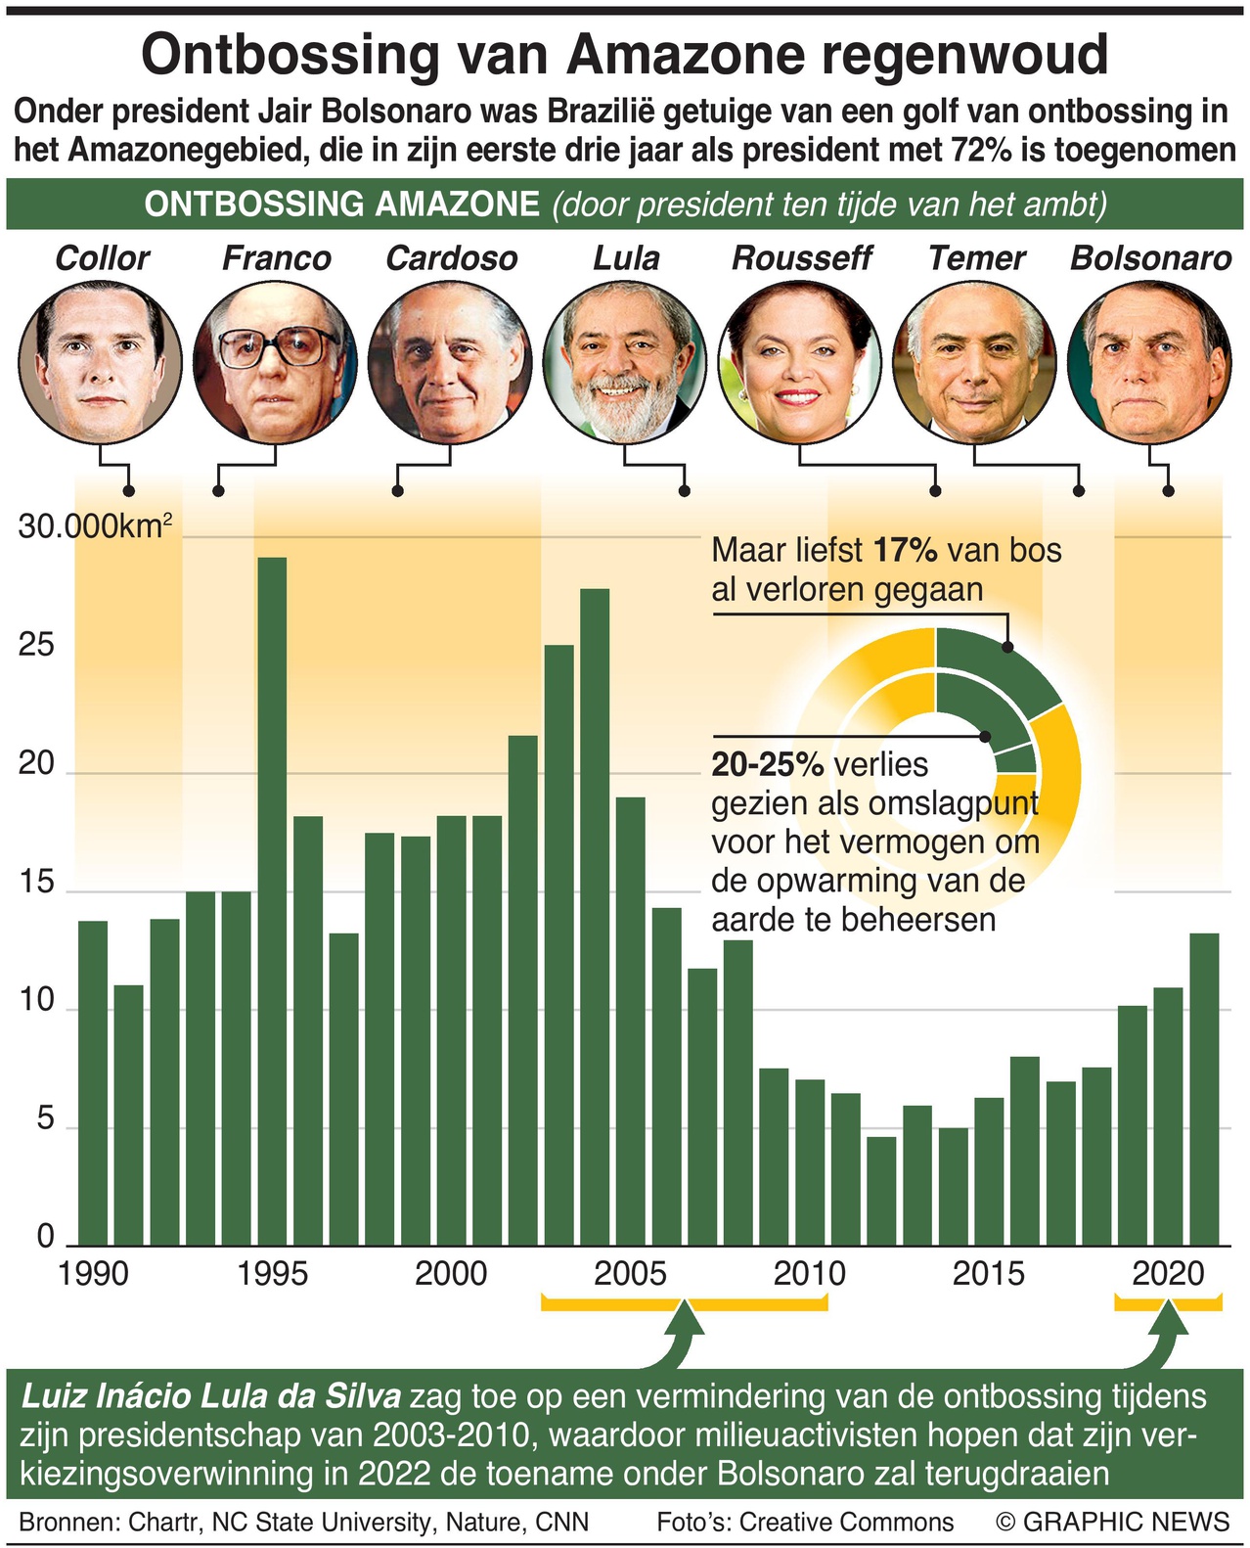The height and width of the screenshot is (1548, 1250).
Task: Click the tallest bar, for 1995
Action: [x=272, y=900]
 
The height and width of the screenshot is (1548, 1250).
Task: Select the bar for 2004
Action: [x=594, y=916]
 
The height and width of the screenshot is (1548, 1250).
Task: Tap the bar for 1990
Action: [x=93, y=1082]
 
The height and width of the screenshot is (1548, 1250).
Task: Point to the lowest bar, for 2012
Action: [x=881, y=1190]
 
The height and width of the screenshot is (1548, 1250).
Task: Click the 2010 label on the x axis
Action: [x=809, y=1273]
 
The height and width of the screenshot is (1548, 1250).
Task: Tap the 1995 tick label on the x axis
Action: [x=272, y=1273]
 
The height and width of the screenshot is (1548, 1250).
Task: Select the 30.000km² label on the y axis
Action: [x=95, y=527]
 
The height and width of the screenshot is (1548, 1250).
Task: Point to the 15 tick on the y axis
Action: [x=37, y=883]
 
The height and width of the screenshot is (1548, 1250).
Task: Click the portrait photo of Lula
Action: [x=624, y=361]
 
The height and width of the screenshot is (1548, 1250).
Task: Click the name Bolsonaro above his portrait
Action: [x=1150, y=258]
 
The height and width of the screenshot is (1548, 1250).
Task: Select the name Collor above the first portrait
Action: [x=102, y=258]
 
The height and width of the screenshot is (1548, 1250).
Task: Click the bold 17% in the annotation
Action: [x=906, y=550]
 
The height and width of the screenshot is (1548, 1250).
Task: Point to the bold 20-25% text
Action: [x=767, y=764]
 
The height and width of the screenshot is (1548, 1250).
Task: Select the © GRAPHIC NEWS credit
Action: [x=1112, y=1522]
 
